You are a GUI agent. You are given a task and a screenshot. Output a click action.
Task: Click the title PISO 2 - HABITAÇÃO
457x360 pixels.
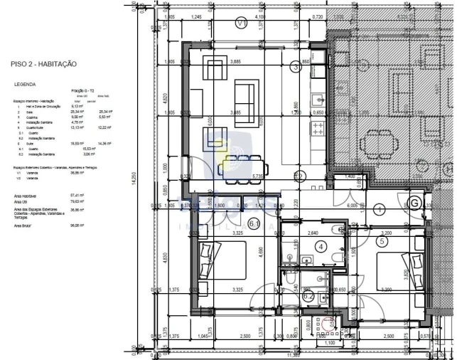(43, 64)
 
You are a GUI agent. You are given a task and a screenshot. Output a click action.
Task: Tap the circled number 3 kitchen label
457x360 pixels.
(296, 67)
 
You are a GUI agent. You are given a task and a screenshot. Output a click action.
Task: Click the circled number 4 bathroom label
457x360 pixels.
(321, 248)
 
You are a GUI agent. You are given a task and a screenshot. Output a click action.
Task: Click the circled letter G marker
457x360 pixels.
(414, 203)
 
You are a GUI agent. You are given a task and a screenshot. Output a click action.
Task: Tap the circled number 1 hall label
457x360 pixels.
(380, 209)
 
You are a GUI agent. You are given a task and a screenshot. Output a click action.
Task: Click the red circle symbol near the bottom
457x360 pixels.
(329, 322)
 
